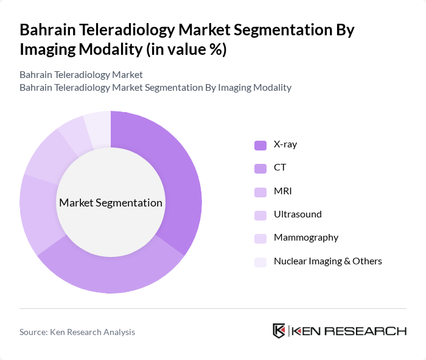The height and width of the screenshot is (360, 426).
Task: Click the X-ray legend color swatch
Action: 260,145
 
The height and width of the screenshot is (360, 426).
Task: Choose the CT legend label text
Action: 280,168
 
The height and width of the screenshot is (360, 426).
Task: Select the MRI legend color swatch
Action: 260,192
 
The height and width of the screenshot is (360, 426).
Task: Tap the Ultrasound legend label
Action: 298,214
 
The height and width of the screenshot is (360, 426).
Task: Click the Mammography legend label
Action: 306,238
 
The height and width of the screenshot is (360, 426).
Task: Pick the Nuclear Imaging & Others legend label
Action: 327,261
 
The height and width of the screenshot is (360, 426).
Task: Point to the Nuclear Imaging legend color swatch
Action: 260,262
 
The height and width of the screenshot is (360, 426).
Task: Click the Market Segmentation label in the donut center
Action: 111,203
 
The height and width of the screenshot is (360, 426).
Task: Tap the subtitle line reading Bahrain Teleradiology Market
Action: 81,74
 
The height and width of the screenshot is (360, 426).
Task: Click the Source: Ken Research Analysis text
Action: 77,332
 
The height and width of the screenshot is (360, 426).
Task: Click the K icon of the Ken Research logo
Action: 279,331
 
